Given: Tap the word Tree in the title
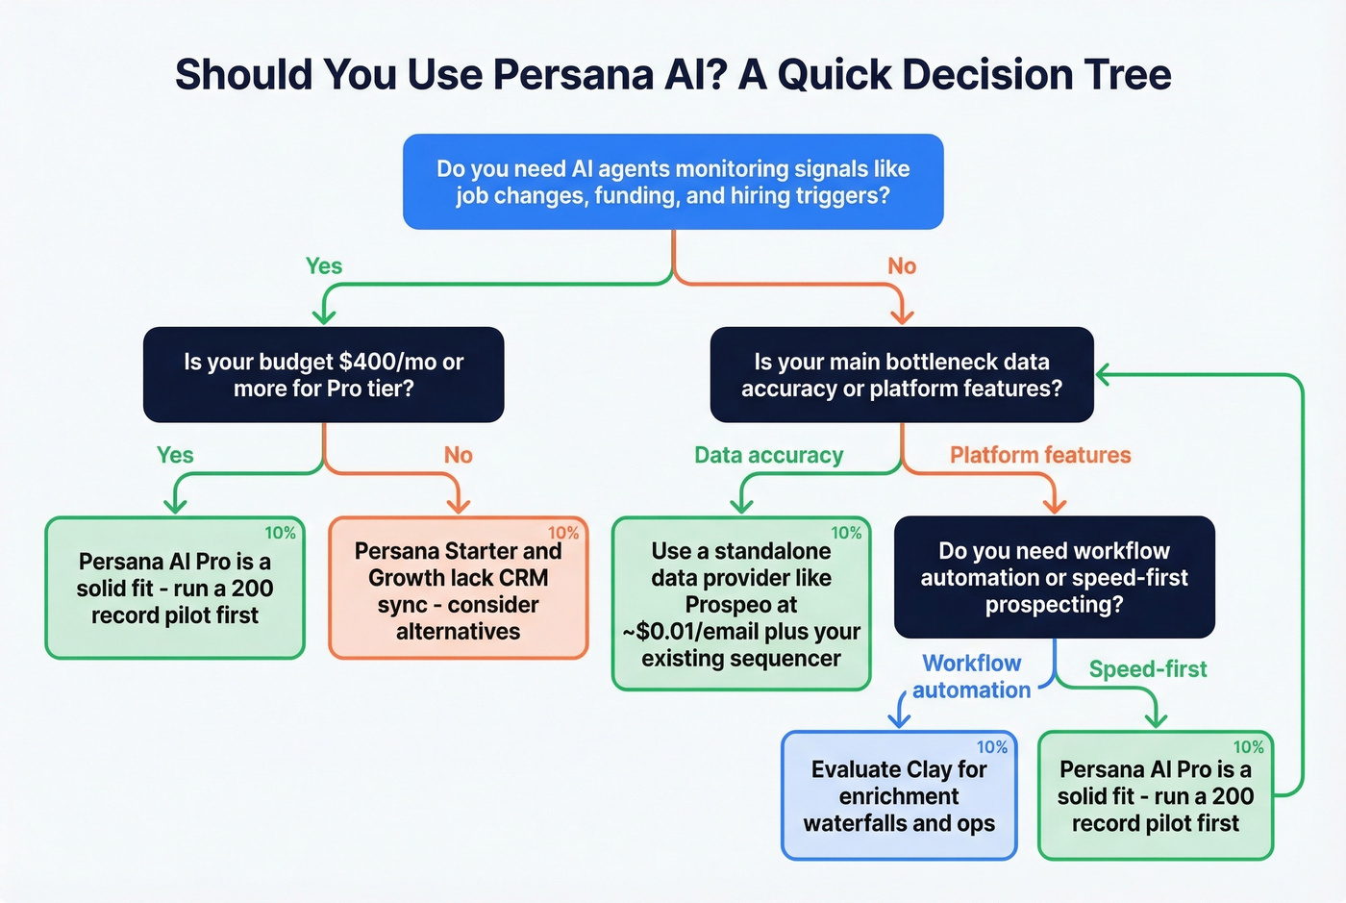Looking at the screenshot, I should tap(1128, 74).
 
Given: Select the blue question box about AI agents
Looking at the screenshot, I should tap(673, 182).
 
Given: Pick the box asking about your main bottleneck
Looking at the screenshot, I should tap(901, 375).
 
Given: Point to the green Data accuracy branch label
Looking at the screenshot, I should tap(768, 455).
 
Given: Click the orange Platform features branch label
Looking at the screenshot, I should tap(1040, 455).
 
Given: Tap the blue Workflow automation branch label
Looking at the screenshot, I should tap(971, 676).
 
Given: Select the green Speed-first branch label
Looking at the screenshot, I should tap(1147, 669).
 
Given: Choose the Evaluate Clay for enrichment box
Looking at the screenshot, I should tap(899, 795).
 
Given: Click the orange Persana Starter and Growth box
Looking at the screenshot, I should tap(458, 589).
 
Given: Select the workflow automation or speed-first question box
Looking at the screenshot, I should tap(1054, 577).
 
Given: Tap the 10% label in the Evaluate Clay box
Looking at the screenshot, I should tap(991, 747).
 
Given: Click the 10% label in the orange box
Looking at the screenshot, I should tap(562, 533).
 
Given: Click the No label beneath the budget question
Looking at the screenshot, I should tap(459, 455).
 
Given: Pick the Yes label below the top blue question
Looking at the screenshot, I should tap(324, 266).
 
